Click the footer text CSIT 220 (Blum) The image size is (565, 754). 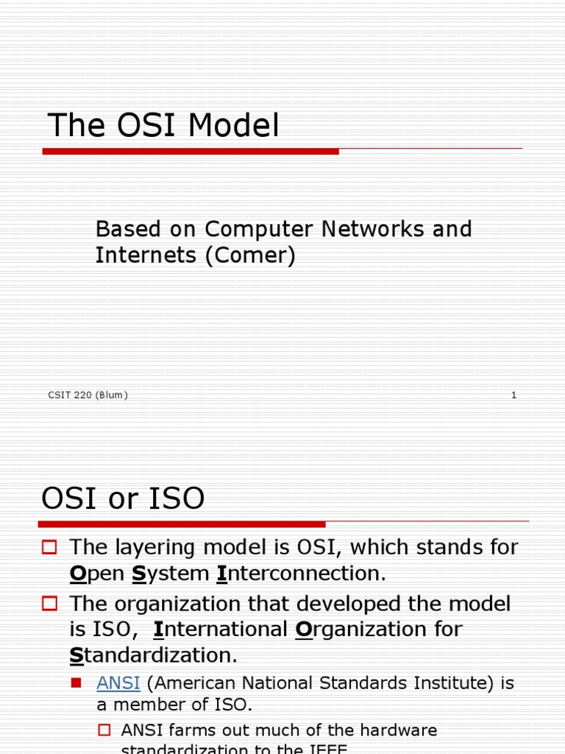[88, 395]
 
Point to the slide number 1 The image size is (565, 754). [514, 395]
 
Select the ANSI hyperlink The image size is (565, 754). [118, 683]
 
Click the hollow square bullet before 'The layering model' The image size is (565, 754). [49, 547]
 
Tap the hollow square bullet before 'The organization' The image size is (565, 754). [49, 604]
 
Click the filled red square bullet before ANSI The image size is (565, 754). [76, 683]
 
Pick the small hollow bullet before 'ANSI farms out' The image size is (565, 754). [104, 730]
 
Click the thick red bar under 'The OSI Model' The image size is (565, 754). [191, 151]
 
